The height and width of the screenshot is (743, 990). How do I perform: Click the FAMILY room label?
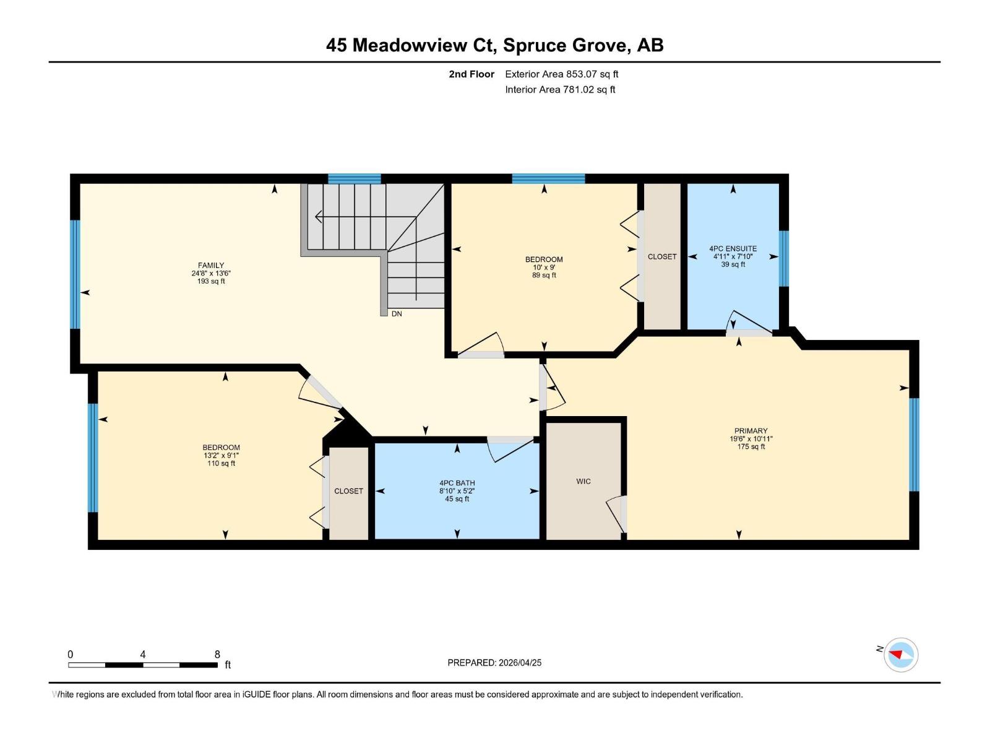click(211, 266)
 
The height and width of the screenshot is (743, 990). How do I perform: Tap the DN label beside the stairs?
click(397, 314)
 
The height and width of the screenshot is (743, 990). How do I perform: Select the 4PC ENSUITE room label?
click(733, 249)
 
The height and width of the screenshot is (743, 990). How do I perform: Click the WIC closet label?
click(583, 481)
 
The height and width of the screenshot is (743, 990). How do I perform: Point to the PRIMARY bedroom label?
click(751, 431)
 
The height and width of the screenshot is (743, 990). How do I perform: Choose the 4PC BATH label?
click(457, 483)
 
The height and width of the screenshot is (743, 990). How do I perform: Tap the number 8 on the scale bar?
click(217, 654)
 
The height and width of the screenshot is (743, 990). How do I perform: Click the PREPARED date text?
click(494, 663)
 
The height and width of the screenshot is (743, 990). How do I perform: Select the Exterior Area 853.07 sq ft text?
click(561, 74)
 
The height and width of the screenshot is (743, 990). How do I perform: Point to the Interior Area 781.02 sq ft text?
click(560, 90)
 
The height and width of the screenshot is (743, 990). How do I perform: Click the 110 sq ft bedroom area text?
click(221, 464)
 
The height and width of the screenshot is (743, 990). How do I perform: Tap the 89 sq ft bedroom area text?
click(544, 276)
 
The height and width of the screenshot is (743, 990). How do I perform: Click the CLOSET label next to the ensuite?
click(662, 256)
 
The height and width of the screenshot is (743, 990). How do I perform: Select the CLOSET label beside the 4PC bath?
click(348, 491)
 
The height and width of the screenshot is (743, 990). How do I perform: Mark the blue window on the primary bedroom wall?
click(914, 445)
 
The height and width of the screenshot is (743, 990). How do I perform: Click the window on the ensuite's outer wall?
click(783, 258)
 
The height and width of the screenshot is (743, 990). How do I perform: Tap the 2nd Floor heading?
click(471, 74)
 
